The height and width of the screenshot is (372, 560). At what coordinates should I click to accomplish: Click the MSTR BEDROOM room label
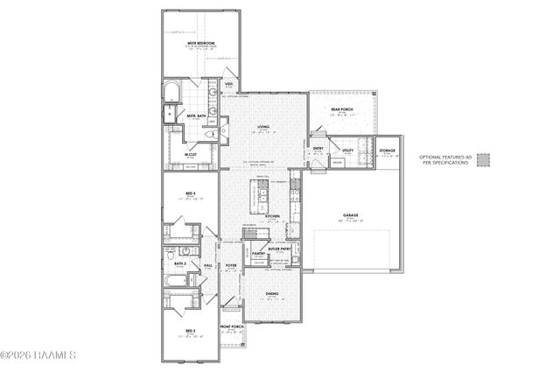200,41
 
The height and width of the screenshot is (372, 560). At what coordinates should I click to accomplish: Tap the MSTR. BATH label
195,116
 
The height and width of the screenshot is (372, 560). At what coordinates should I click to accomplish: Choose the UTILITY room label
347,151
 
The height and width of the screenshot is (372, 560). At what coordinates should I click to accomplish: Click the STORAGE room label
387,151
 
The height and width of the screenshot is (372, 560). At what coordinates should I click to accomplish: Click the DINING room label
272,294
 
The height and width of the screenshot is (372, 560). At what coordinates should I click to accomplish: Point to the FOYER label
231,265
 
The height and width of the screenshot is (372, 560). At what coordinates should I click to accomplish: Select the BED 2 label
188,330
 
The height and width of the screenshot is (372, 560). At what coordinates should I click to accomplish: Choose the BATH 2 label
180,263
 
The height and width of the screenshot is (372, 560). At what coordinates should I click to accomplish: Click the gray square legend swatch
482,160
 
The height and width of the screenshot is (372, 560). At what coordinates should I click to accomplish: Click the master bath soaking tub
171,94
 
